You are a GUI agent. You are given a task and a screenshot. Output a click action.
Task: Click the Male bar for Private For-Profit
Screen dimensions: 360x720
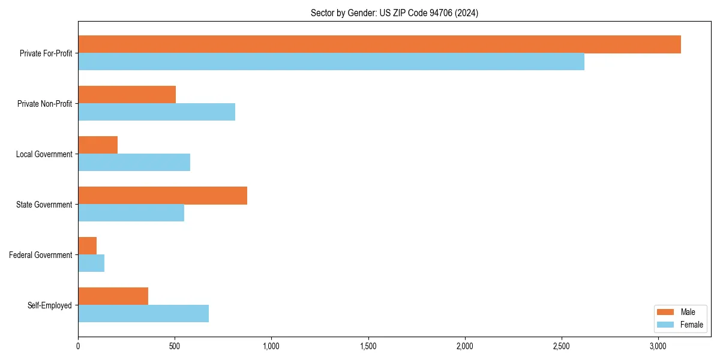(x=379, y=44)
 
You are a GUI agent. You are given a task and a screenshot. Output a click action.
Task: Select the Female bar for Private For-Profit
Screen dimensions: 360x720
(x=331, y=62)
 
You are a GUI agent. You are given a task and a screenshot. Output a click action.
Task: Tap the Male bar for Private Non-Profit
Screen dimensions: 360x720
(x=127, y=95)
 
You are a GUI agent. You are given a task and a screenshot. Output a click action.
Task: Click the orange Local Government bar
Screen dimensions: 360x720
(x=98, y=145)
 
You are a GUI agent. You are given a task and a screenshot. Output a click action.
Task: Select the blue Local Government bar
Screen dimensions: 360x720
(x=134, y=163)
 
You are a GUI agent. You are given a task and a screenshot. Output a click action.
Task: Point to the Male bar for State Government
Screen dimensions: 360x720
(x=163, y=196)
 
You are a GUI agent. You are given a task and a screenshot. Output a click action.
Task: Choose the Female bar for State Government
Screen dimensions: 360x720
(x=131, y=213)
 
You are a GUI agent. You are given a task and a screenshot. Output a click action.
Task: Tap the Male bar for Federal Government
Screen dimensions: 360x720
(x=87, y=246)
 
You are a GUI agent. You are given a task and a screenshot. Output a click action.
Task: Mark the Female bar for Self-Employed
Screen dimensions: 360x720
(x=143, y=314)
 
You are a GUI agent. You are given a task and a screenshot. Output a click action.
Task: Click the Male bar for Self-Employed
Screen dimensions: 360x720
(x=113, y=296)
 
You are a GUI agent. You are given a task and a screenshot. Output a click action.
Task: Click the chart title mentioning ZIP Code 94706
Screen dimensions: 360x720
(x=394, y=13)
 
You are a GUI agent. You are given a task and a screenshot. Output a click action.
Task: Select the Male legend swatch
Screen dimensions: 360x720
(x=666, y=312)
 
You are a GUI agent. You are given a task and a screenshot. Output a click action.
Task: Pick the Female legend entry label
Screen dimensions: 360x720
(x=691, y=325)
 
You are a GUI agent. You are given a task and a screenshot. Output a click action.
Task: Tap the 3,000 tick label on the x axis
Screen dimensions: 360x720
(x=658, y=346)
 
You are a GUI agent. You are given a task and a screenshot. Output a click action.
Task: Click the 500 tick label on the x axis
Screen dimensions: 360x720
(x=175, y=346)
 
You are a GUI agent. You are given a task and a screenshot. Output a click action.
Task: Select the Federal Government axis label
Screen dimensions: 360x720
(x=41, y=255)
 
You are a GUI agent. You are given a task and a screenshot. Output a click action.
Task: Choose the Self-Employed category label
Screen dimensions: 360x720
(x=50, y=305)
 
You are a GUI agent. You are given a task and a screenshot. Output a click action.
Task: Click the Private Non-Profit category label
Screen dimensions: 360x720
(x=44, y=104)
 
